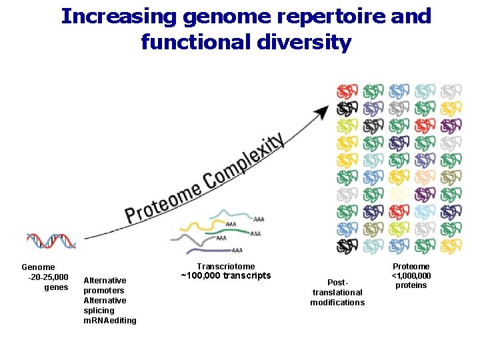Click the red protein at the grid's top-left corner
pos(347,92)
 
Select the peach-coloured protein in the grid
pos(425,177)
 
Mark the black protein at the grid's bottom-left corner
pos(345,247)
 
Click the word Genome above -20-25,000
pos(38,267)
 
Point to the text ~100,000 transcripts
pos(226,276)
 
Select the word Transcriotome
pos(226,266)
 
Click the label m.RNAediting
pos(110,321)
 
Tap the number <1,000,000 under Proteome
pos(411,276)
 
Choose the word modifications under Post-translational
pos(337,303)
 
